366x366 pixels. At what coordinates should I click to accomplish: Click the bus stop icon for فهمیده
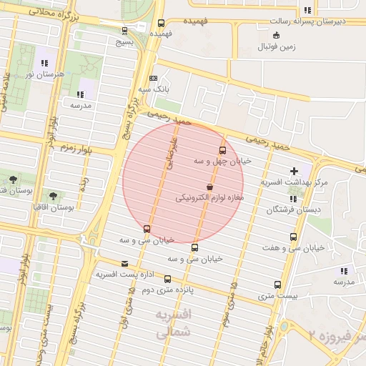point(161,23)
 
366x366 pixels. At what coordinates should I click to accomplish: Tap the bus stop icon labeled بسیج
point(125,31)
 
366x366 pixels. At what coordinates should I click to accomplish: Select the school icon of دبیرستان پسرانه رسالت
point(307,11)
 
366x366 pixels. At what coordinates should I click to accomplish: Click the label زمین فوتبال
point(277,48)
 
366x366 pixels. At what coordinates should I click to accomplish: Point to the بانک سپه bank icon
point(153,79)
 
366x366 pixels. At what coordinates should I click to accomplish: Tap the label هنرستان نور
point(44,74)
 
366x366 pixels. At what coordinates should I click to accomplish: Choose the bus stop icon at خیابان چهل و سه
point(222,151)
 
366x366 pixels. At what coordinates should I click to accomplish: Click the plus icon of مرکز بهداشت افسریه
point(294,171)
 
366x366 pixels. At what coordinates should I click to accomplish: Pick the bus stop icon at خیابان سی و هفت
point(293,237)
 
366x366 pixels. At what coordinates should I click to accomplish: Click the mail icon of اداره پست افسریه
point(125,264)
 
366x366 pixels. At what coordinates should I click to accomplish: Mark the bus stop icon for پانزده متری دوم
point(167,280)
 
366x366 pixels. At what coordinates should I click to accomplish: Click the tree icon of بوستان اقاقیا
point(53,195)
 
